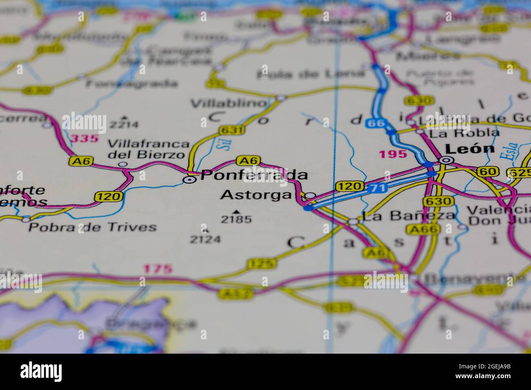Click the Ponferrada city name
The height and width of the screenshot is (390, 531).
point(254,175)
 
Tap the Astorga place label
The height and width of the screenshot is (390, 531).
point(256,195)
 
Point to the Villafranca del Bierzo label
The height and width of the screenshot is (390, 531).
point(149,149)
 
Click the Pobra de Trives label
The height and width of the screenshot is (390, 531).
point(92,227)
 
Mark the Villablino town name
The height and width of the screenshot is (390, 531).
point(228,104)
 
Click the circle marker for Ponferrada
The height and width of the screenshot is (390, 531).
point(189,179)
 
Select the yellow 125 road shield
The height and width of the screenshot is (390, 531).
point(261,264)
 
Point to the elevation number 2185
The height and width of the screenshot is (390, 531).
point(236,219)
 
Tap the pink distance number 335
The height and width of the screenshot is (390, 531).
point(85,138)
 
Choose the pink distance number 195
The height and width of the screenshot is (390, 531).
point(393,154)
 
